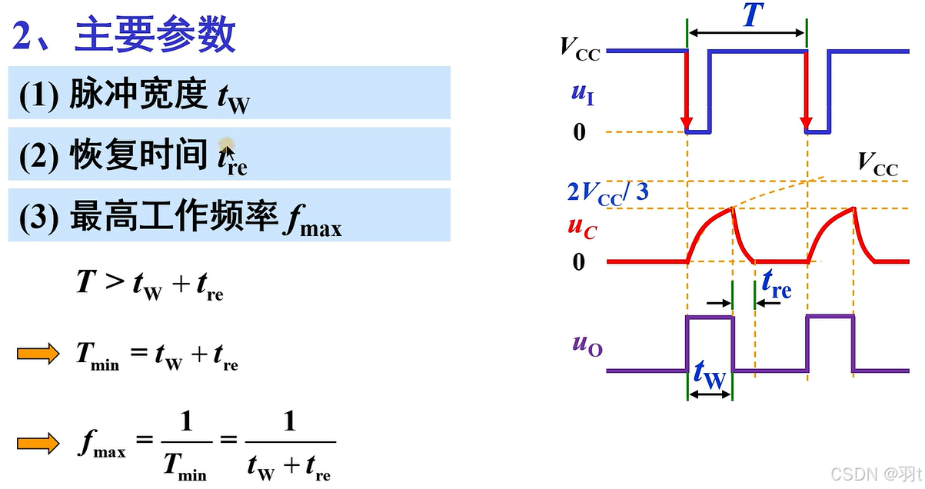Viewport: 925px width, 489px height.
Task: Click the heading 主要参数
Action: pos(154,35)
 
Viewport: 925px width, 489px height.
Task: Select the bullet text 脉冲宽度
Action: pos(138,95)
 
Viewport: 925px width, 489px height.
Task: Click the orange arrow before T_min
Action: pos(38,354)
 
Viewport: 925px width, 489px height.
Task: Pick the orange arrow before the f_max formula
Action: pos(38,443)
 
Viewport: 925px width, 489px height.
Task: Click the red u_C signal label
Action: pos(582,227)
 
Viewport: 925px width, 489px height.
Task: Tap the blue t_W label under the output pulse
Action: pos(709,376)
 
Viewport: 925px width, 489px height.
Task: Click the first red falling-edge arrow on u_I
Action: pos(687,92)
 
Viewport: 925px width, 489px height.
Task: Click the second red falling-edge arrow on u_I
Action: pos(807,92)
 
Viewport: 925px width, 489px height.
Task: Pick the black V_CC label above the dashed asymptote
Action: pos(877,165)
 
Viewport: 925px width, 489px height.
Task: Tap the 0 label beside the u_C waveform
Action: pos(579,262)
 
